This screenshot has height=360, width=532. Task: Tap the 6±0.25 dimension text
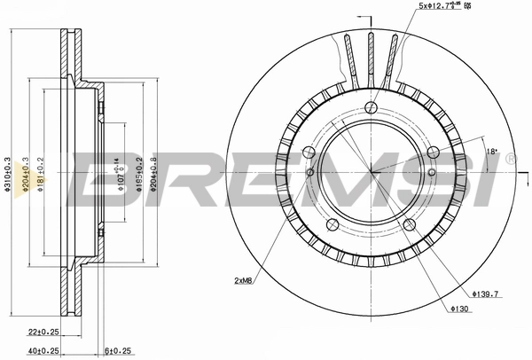(x=117, y=351)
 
